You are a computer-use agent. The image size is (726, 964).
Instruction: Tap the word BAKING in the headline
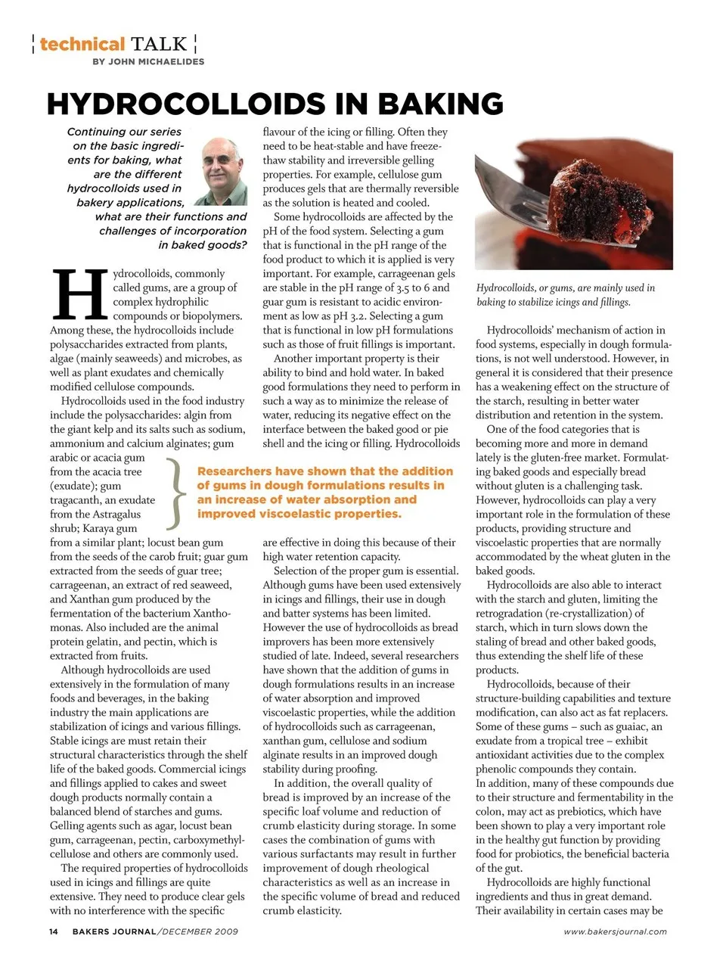(440, 104)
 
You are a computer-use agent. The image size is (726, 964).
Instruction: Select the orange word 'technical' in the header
(82, 44)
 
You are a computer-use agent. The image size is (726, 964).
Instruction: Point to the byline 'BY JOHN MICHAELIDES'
(148, 61)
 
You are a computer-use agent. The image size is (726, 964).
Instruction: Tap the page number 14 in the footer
(54, 931)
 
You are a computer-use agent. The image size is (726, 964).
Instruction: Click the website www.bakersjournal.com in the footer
(615, 931)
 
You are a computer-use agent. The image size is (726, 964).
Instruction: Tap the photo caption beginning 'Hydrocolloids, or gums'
(566, 294)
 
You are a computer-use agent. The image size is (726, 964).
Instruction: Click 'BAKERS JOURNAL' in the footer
(114, 931)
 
